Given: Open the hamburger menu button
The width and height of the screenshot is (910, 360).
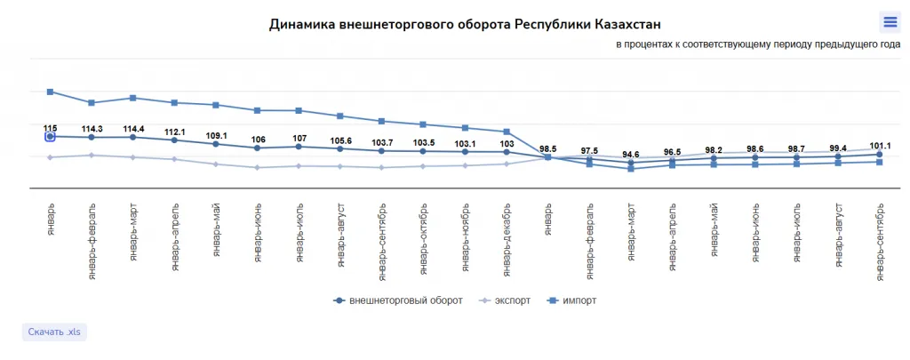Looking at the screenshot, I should [x=889, y=22].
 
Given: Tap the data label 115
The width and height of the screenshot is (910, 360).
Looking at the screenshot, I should [x=51, y=128].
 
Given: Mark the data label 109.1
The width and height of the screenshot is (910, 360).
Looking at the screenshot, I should [x=216, y=136].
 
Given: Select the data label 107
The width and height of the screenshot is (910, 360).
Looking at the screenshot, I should [x=299, y=139].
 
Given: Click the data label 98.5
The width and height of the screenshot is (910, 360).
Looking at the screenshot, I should [x=547, y=148].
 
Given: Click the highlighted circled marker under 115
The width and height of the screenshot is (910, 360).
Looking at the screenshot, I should [x=51, y=137].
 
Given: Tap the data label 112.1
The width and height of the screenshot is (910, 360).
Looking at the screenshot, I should [x=174, y=132].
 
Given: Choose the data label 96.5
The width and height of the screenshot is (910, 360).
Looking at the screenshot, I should [x=672, y=152].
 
